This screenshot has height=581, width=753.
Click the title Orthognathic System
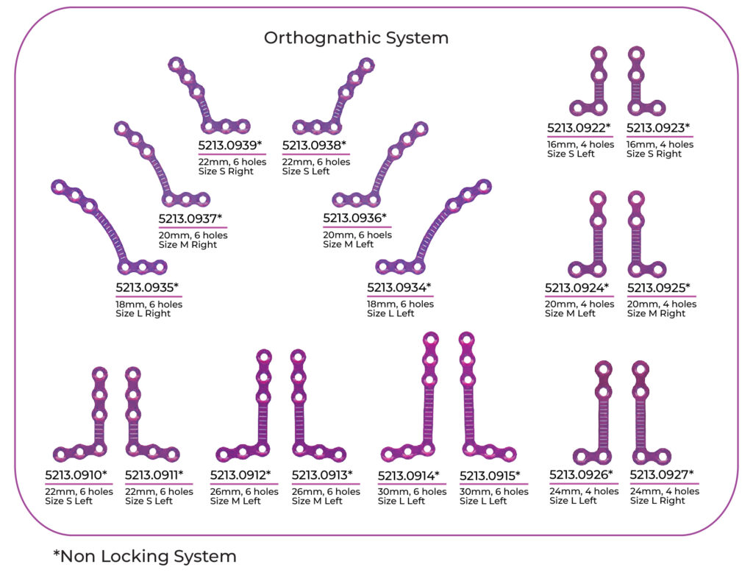(x=356, y=37)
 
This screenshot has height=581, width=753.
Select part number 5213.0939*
(x=230, y=145)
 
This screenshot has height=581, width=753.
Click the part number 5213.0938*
(x=314, y=145)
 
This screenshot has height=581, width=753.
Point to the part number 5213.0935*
(x=147, y=287)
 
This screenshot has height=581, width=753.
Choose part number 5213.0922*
(x=579, y=128)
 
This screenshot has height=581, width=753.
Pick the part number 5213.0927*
(x=662, y=474)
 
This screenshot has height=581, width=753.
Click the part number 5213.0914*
(x=409, y=475)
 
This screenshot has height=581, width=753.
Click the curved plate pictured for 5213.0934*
(x=434, y=228)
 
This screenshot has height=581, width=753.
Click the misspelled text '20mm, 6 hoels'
(x=357, y=235)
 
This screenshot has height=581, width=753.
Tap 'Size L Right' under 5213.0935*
(x=143, y=314)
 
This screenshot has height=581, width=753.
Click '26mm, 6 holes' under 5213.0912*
(x=244, y=492)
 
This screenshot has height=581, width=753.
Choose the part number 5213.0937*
(x=190, y=218)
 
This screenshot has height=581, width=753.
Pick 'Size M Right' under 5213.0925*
(x=661, y=314)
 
